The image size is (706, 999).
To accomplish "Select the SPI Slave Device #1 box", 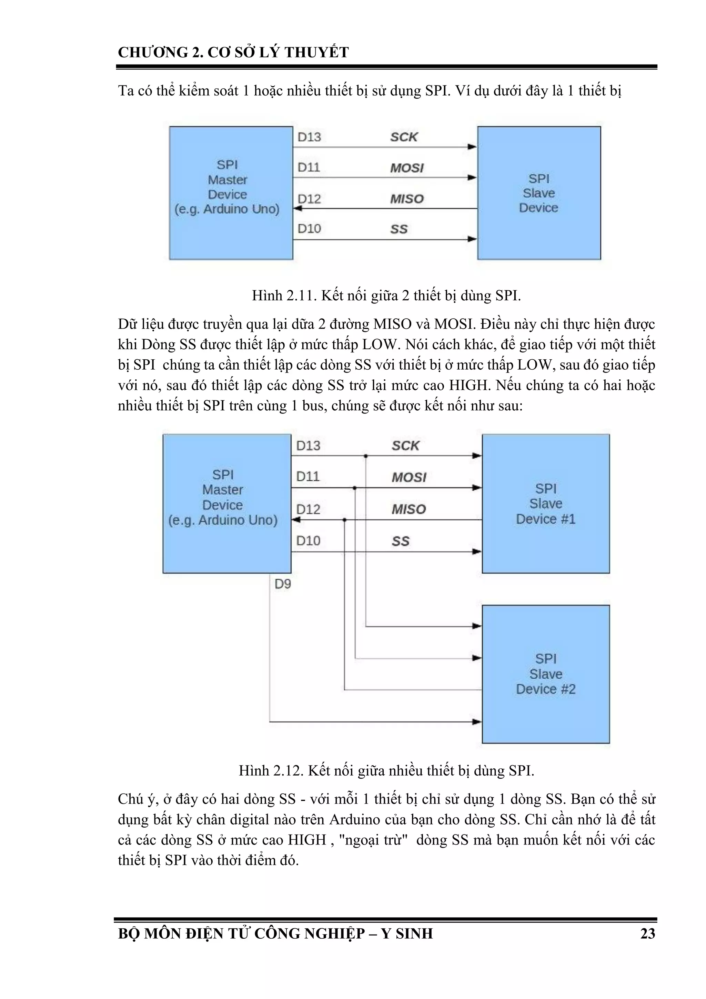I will tap(545, 503).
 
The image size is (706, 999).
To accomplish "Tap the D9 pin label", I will tap(283, 584).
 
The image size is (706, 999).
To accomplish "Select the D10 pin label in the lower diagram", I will tap(308, 541).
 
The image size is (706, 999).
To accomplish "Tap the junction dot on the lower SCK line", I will tap(365, 456).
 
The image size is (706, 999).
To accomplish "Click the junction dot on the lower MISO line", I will tap(344, 520).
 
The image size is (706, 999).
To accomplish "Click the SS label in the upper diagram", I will tap(399, 229).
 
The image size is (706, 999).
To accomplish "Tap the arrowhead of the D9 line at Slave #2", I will tap(477, 722).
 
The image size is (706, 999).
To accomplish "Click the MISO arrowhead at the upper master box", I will tap(297, 208).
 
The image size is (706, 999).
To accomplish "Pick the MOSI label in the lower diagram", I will tap(409, 477).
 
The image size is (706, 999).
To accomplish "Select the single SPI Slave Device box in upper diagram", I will tap(538, 193).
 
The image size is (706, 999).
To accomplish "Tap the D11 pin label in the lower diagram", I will tap(307, 477).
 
